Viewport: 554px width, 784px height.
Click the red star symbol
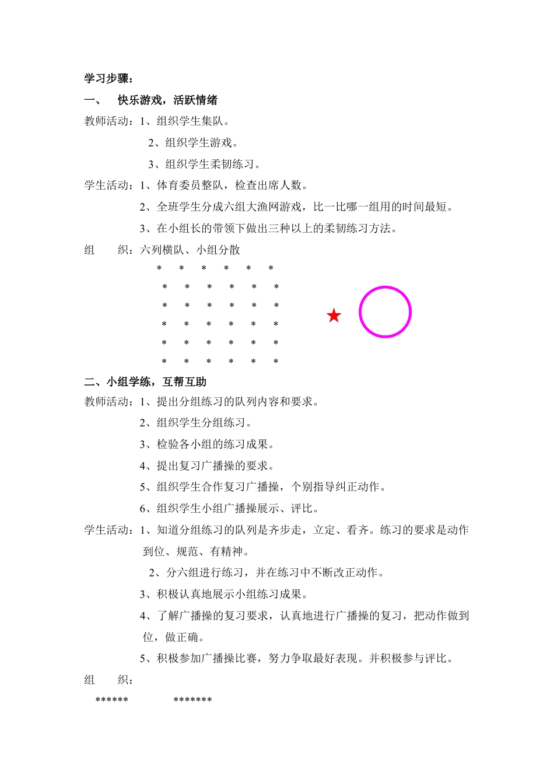(x=334, y=316)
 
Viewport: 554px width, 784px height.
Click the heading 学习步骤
(x=109, y=79)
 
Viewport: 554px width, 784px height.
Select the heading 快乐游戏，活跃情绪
(x=167, y=100)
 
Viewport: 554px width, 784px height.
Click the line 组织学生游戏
(x=193, y=143)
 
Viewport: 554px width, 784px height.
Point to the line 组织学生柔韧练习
(x=204, y=164)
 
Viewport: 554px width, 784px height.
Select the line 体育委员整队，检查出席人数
(x=223, y=185)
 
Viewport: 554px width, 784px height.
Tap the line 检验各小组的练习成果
(x=207, y=444)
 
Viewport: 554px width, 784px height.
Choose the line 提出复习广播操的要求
(x=207, y=466)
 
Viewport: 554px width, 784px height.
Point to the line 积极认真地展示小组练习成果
(x=223, y=594)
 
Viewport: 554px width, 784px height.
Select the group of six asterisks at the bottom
(x=111, y=700)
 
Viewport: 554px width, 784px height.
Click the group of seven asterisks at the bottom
(x=192, y=700)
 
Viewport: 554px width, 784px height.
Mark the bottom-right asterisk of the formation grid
(x=276, y=362)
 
